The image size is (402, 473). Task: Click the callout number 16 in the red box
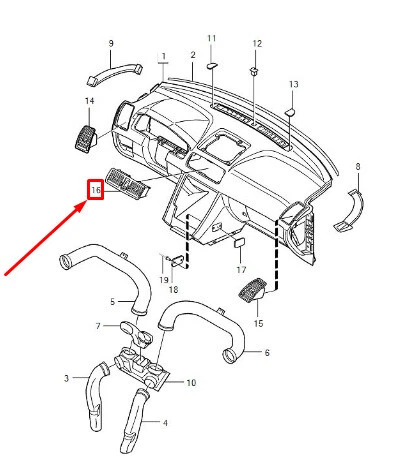pyautogui.click(x=96, y=188)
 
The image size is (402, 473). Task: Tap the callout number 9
pyautogui.click(x=110, y=43)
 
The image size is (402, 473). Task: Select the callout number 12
pyautogui.click(x=256, y=44)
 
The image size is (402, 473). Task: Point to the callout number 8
pyautogui.click(x=357, y=165)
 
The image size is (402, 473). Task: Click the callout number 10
pyautogui.click(x=191, y=383)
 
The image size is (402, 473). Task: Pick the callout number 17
pyautogui.click(x=240, y=270)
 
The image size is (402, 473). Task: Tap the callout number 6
pyautogui.click(x=266, y=352)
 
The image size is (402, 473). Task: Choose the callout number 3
pyautogui.click(x=67, y=379)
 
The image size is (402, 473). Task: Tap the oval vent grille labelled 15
pyautogui.click(x=249, y=293)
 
